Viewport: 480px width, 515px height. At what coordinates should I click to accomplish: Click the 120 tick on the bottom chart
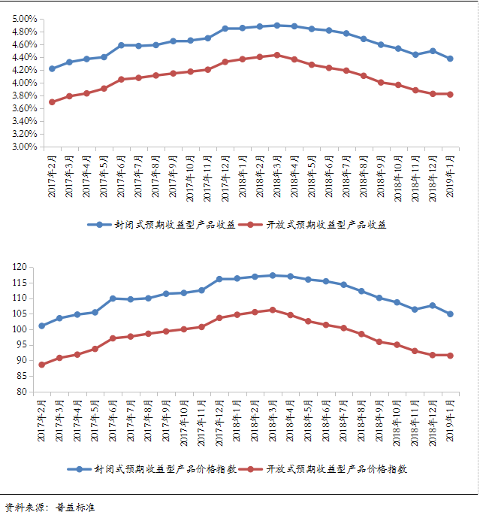pos(20,267)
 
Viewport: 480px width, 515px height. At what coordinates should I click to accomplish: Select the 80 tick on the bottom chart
pos(22,392)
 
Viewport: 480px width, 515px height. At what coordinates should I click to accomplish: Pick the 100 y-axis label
pos(20,329)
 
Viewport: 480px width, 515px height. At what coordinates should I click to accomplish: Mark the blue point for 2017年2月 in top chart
pos(52,68)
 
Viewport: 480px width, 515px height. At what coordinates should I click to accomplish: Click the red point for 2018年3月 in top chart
pos(277,55)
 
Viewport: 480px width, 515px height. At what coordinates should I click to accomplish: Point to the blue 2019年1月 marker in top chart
pos(450,59)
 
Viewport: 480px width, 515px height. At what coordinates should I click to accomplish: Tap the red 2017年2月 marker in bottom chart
pos(42,365)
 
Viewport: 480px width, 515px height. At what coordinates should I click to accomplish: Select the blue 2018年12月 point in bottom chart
pos(432,305)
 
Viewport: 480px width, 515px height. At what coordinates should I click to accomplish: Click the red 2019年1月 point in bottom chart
pos(450,356)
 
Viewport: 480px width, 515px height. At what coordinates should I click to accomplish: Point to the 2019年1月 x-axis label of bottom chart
pos(450,423)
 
